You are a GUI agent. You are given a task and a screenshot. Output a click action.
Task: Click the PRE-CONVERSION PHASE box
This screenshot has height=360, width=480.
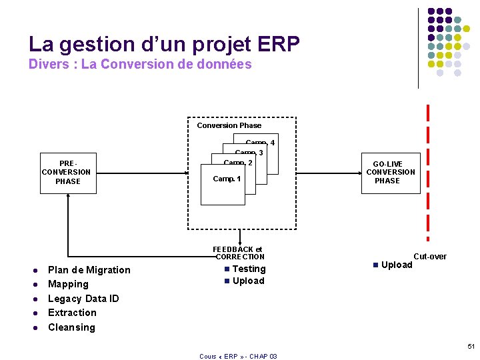pyautogui.click(x=68, y=173)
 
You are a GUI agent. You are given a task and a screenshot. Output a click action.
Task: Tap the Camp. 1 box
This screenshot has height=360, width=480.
pyautogui.click(x=227, y=179)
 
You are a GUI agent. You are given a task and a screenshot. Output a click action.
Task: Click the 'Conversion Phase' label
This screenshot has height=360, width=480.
pyautogui.click(x=229, y=125)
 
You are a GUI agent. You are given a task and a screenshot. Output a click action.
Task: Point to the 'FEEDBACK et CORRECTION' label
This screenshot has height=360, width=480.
pyautogui.click(x=239, y=253)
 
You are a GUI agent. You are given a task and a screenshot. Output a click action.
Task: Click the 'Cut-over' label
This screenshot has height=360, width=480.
pyautogui.click(x=430, y=257)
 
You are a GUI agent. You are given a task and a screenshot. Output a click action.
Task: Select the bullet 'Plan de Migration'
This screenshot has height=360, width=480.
pyautogui.click(x=89, y=270)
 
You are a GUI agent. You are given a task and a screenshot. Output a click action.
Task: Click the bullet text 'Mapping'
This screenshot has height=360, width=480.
pyautogui.click(x=68, y=284)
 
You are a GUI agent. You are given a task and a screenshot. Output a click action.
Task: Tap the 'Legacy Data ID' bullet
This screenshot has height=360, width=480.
pyautogui.click(x=83, y=299)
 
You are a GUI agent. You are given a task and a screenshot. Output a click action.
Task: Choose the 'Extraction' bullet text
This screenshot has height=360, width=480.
pyautogui.click(x=72, y=313)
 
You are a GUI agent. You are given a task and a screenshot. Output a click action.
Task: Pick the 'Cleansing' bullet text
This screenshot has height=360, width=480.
pyautogui.click(x=71, y=327)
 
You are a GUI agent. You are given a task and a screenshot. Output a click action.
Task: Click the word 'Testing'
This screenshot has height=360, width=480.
pyautogui.click(x=249, y=269)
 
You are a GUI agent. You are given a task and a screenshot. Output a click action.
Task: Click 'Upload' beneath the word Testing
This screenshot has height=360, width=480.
pyautogui.click(x=249, y=281)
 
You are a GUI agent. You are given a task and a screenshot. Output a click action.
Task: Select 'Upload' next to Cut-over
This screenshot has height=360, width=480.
pyautogui.click(x=397, y=265)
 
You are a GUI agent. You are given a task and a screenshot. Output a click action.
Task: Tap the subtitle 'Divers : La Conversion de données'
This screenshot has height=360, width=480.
pyautogui.click(x=140, y=65)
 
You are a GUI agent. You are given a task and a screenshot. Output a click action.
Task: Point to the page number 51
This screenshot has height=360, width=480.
pyautogui.click(x=471, y=347)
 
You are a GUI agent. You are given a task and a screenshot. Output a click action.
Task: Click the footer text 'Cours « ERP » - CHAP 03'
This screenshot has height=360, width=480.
pyautogui.click(x=238, y=356)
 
